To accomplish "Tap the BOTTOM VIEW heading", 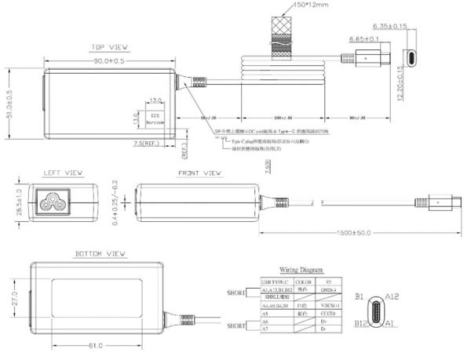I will (x=100, y=254).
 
